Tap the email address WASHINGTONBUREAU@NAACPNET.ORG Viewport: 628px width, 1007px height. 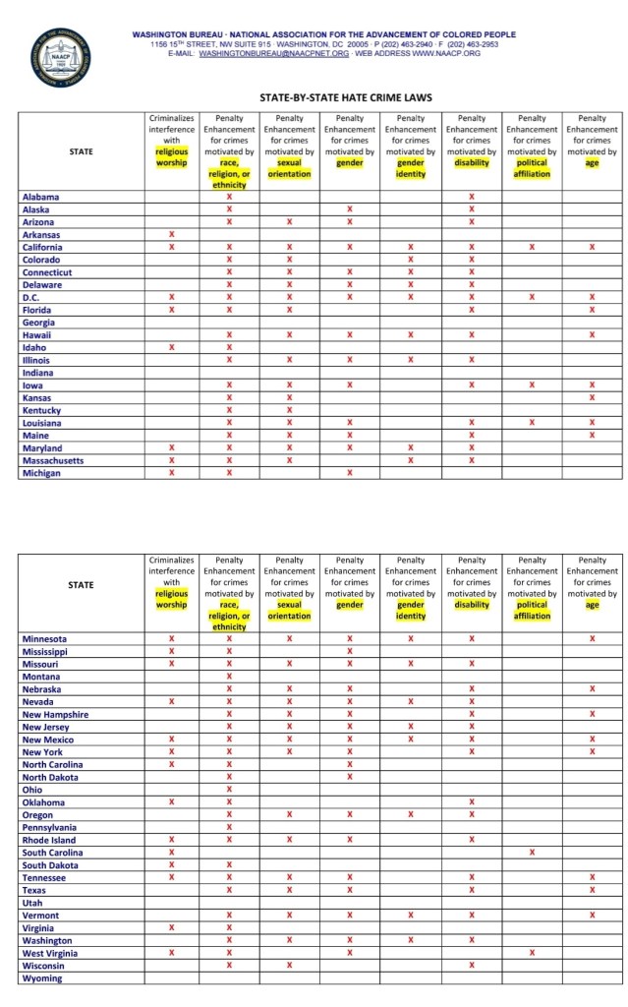coord(273,53)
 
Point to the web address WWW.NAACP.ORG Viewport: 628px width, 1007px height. coord(446,53)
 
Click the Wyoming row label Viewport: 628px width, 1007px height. coord(43,978)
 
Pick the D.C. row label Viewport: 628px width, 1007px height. coord(30,297)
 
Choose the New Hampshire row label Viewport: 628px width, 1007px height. coord(55,715)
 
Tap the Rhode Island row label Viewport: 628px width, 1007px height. coord(49,840)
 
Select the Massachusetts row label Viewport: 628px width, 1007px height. coord(53,460)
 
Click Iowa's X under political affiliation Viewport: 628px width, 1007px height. coord(532,385)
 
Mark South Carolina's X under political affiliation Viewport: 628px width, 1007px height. coord(532,853)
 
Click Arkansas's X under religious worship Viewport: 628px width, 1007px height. coord(171,235)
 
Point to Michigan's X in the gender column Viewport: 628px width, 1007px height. coord(350,473)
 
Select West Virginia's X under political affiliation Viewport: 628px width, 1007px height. coord(532,953)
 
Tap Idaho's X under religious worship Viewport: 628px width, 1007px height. coord(171,347)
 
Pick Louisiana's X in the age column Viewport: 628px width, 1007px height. coord(592,423)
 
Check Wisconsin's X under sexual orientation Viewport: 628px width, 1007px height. coord(290,966)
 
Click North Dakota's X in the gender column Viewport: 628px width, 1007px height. coord(350,778)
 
